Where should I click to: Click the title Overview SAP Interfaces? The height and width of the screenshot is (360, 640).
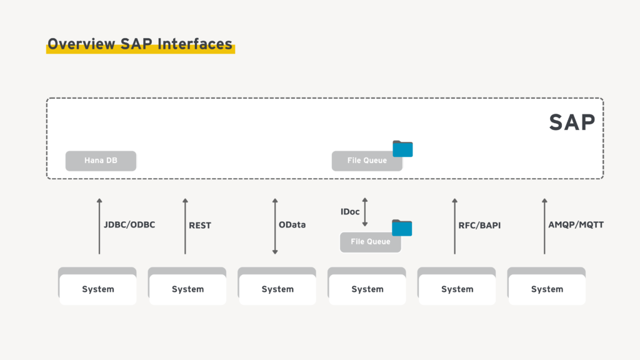pos(140,44)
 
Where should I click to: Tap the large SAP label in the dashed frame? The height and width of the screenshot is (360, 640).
pos(572,122)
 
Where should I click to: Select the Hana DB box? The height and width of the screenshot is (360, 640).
pos(101,161)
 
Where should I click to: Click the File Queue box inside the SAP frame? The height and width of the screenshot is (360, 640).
pos(367,161)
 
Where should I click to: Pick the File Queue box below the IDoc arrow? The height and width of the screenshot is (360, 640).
pos(370,242)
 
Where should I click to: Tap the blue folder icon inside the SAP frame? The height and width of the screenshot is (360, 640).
pos(402,149)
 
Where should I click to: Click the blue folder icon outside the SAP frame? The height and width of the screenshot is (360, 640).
pos(402,228)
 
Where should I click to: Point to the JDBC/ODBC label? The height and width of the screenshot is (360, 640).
pos(129,225)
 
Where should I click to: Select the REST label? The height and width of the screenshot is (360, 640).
pos(200,226)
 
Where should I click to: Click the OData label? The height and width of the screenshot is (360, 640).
pos(292,225)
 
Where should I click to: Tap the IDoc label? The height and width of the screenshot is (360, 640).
pos(350,212)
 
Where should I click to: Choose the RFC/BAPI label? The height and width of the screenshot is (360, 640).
pos(479,226)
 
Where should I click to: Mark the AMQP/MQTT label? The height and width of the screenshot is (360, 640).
pos(576,225)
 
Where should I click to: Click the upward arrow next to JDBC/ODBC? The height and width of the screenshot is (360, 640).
pos(99,226)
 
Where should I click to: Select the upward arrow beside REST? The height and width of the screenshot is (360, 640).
pos(185,226)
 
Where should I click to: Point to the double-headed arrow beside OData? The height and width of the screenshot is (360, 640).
pos(275,226)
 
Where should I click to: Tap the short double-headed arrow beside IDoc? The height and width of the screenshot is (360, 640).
pos(366,212)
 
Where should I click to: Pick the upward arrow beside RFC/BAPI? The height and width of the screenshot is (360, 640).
pos(454,226)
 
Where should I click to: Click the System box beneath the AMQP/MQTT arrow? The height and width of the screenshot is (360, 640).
pos(547,289)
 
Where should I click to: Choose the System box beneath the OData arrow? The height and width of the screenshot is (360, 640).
pos(277,289)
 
